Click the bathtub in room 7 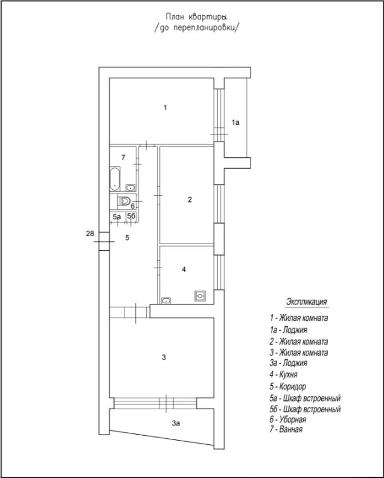(115, 179)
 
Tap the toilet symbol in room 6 (125, 201)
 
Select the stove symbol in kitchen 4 (200, 296)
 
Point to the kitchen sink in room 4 (167, 300)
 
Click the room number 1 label (165, 108)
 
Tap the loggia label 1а (236, 122)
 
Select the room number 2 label (190, 200)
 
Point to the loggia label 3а (176, 424)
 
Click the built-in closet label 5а (117, 216)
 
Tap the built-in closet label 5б (130, 216)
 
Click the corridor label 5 (127, 238)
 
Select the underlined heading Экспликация (306, 301)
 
